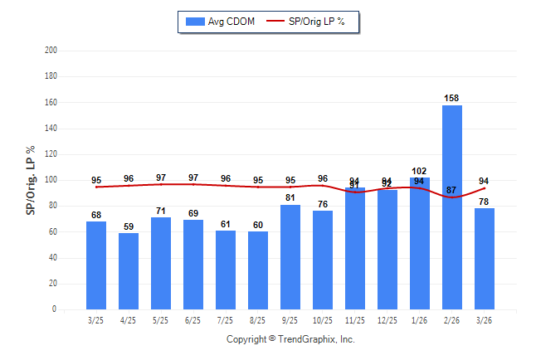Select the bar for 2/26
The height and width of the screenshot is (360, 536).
pyautogui.click(x=452, y=207)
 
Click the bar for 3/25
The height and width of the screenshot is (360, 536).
pyautogui.click(x=96, y=265)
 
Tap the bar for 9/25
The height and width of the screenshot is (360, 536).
pyautogui.click(x=290, y=257)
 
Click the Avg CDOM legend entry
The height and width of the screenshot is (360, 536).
pyautogui.click(x=221, y=22)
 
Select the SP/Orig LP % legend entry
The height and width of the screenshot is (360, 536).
pyautogui.click(x=310, y=22)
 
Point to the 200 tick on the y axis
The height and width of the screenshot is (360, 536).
pyautogui.click(x=51, y=51)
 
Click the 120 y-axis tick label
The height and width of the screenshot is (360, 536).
pyautogui.click(x=51, y=154)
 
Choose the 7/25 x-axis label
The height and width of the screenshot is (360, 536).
pyautogui.click(x=226, y=320)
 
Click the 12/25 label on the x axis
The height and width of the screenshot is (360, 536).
pyautogui.click(x=387, y=320)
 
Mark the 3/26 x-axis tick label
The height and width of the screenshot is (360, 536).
pyautogui.click(x=485, y=320)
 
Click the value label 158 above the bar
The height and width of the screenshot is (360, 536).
pyautogui.click(x=452, y=99)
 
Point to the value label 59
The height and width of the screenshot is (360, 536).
pyautogui.click(x=129, y=226)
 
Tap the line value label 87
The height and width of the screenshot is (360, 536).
pyautogui.click(x=452, y=191)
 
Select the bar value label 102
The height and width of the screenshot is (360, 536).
pyautogui.click(x=420, y=172)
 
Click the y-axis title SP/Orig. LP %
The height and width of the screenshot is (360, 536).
pyautogui.click(x=31, y=180)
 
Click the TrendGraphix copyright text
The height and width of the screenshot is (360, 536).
pyautogui.click(x=290, y=339)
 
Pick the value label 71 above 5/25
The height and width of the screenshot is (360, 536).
pyautogui.click(x=161, y=211)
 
